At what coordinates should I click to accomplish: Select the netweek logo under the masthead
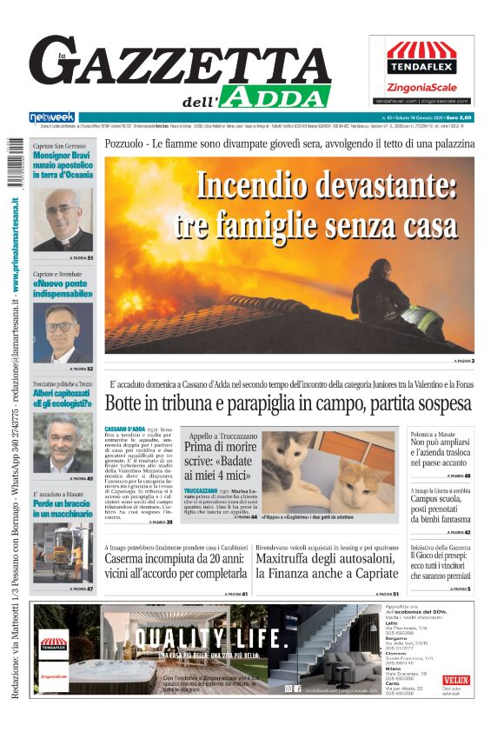click(52, 117)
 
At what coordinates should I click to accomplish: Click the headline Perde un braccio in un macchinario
click(63, 509)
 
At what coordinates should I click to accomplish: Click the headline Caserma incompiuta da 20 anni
click(174, 560)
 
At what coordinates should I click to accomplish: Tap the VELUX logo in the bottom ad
click(455, 680)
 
